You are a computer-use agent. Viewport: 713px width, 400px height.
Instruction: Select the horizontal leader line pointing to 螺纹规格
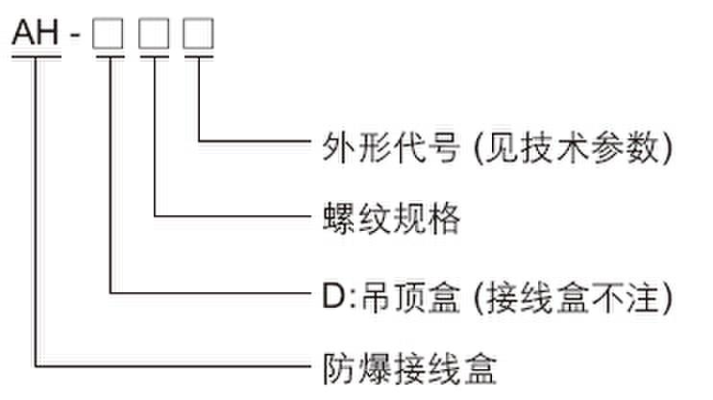point(231,216)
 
